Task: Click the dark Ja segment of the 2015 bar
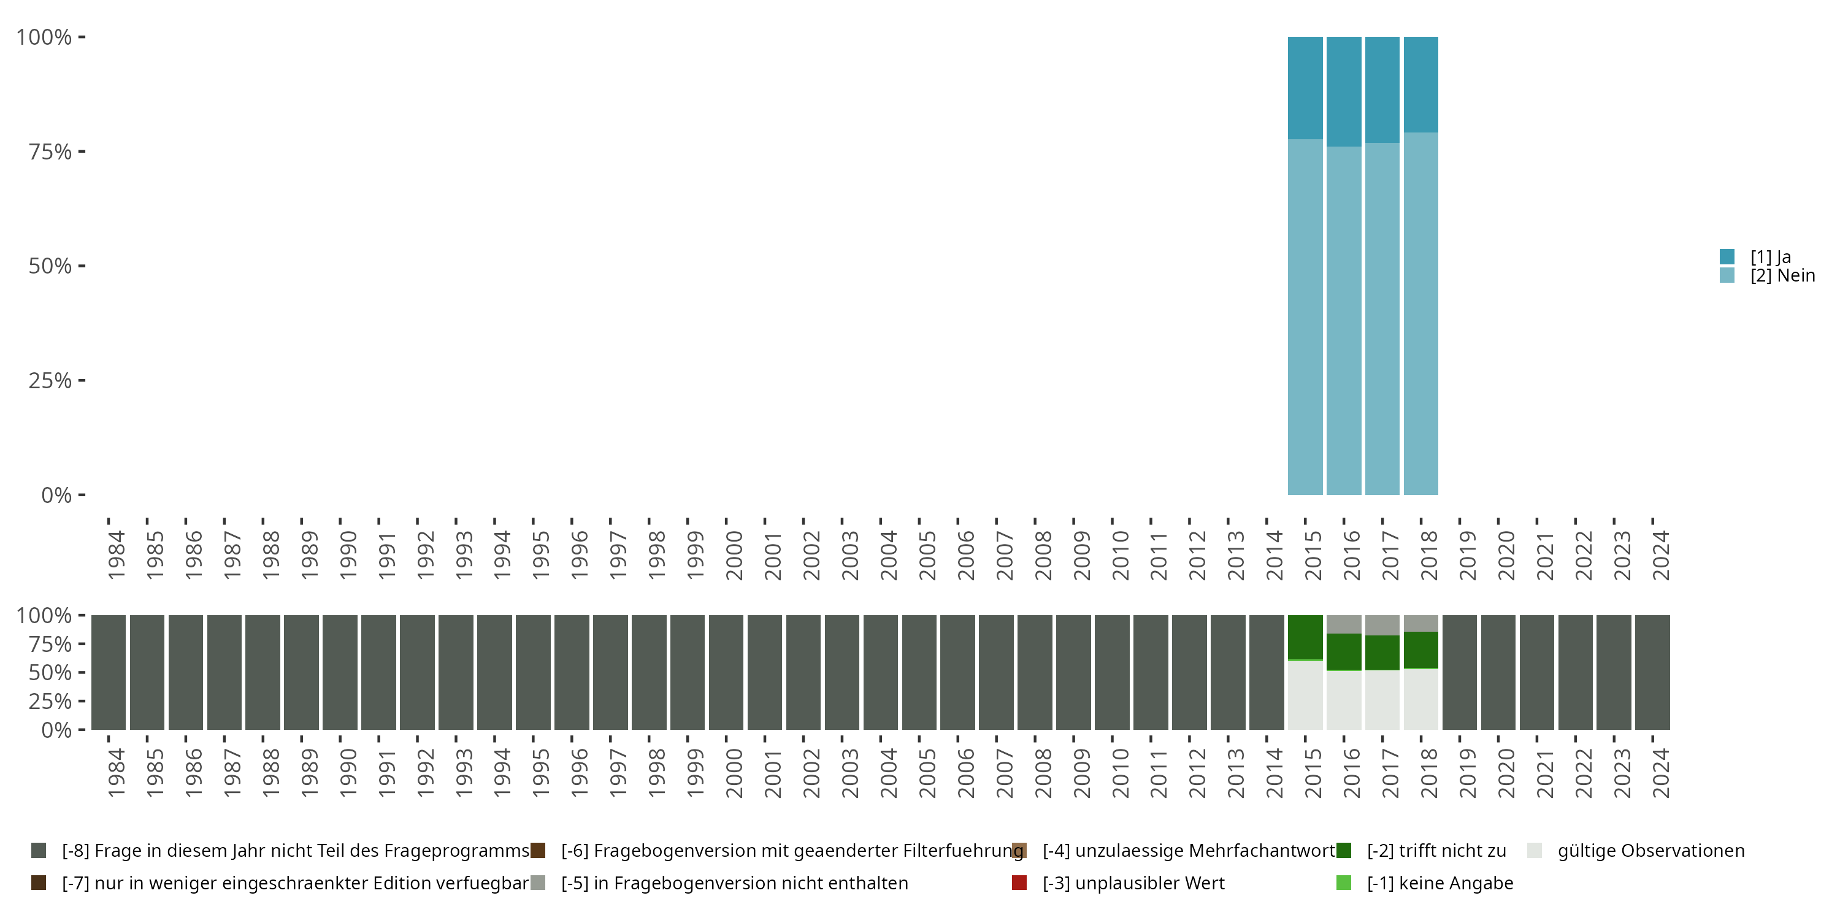(x=1305, y=87)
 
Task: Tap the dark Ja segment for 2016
(x=1344, y=91)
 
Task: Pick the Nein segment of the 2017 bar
(x=1382, y=318)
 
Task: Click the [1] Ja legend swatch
(x=1727, y=256)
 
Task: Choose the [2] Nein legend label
(x=1782, y=276)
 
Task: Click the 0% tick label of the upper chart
(x=56, y=495)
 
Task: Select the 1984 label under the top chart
(x=117, y=555)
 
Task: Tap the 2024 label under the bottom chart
(x=1661, y=773)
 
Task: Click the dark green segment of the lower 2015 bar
(x=1305, y=637)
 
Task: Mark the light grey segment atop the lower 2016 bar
(x=1344, y=624)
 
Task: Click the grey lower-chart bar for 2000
(x=726, y=672)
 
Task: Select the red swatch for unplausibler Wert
(x=1019, y=883)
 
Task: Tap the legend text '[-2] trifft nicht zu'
(x=1436, y=851)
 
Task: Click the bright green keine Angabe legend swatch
(x=1344, y=883)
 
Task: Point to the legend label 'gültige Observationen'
(x=1650, y=851)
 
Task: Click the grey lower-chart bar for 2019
(x=1459, y=672)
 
